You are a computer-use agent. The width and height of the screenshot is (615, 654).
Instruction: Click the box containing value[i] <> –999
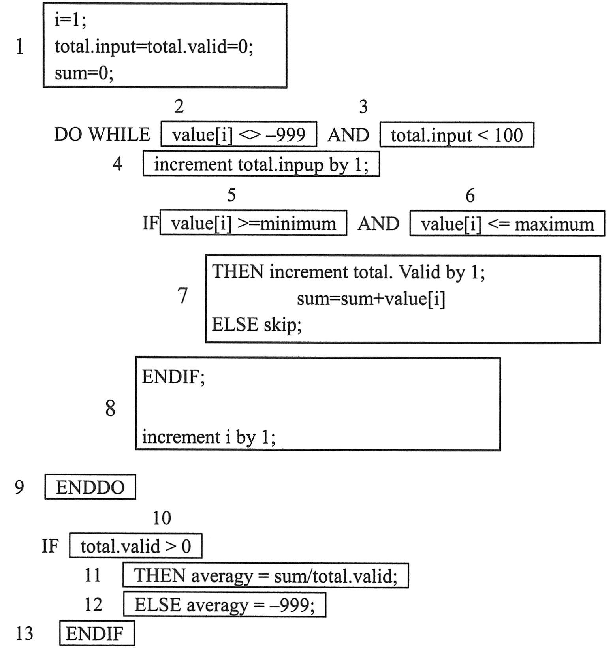pos(239,135)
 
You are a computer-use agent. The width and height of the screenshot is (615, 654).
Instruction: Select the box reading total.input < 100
pos(457,135)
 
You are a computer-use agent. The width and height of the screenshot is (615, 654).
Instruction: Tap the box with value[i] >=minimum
pos(253,223)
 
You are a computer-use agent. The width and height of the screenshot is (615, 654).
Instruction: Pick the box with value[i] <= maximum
pos(507,224)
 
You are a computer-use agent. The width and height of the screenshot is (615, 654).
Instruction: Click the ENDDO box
pos(90,487)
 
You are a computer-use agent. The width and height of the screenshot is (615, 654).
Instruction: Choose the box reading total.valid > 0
pos(135,546)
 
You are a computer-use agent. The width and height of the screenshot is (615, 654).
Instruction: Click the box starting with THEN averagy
pos(265,575)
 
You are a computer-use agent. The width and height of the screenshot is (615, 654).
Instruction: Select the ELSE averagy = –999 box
pos(224,604)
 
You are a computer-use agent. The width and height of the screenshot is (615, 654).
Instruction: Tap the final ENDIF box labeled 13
pos(97,633)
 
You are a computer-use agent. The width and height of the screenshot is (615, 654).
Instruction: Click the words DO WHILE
pos(102,135)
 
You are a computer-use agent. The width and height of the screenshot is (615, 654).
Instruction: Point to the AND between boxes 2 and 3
pos(348,135)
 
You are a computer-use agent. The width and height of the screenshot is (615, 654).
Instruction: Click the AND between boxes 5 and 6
pos(378,224)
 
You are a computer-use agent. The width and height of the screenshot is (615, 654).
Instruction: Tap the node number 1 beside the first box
pos(19,47)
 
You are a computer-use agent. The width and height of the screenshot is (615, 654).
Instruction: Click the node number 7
pos(182,295)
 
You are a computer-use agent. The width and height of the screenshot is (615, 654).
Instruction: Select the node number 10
pos(162,518)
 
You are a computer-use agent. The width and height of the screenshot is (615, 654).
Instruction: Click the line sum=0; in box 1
pos(84,73)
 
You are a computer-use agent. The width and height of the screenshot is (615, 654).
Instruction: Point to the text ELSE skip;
pos(257,325)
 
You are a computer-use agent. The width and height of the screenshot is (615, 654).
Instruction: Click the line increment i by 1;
pos(209,437)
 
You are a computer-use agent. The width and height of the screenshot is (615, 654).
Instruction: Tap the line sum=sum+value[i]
pos(371,299)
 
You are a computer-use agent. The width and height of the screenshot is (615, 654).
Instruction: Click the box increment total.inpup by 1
pos(261,164)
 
